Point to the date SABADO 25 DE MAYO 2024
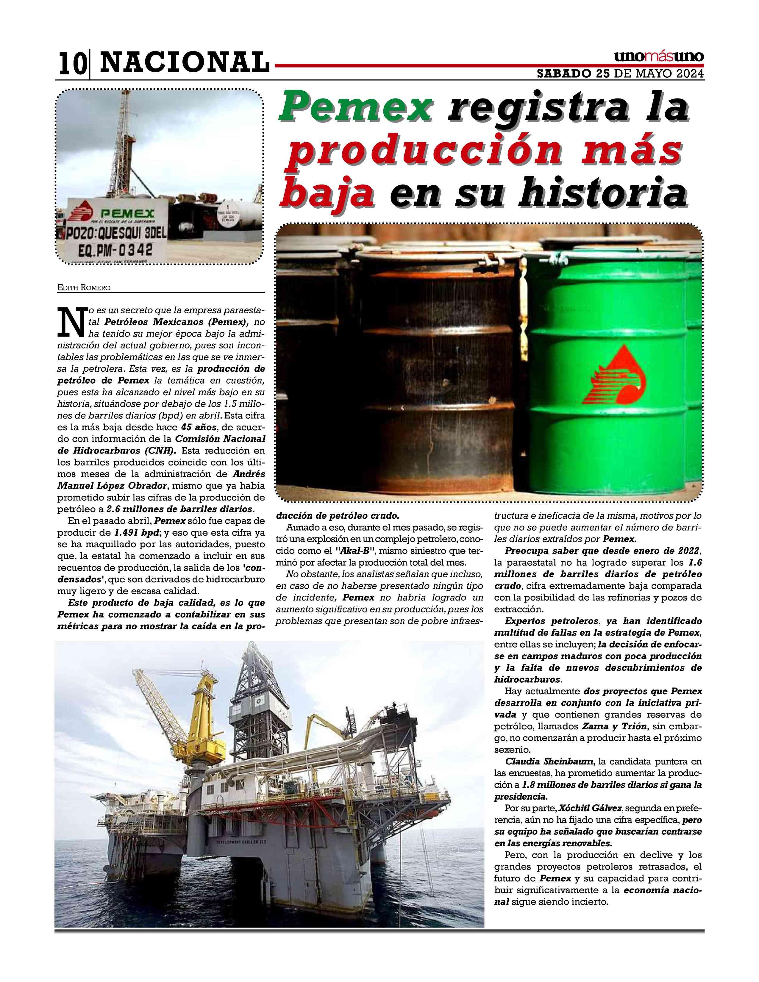coord(621,74)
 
